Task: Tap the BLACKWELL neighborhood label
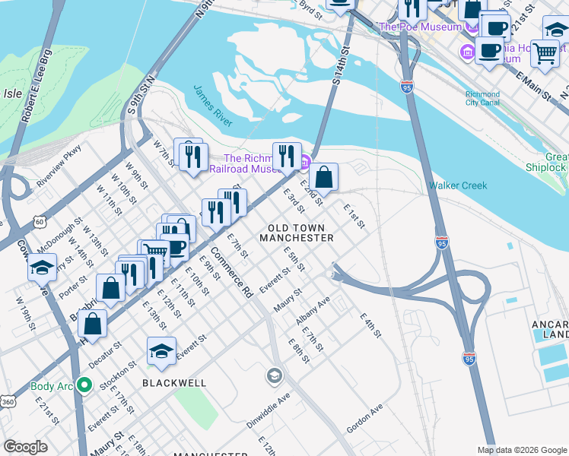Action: point(174,383)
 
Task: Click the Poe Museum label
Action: point(421,27)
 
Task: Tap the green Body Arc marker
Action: point(84,386)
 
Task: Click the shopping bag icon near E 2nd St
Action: point(323,178)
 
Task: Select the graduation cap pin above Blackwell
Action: point(161,351)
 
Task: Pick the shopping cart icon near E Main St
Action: point(545,53)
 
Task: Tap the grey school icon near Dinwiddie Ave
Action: point(274,375)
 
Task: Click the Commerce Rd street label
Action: point(231,272)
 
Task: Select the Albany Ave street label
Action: point(313,312)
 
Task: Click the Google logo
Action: point(26,447)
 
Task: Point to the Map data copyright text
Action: point(521,450)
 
